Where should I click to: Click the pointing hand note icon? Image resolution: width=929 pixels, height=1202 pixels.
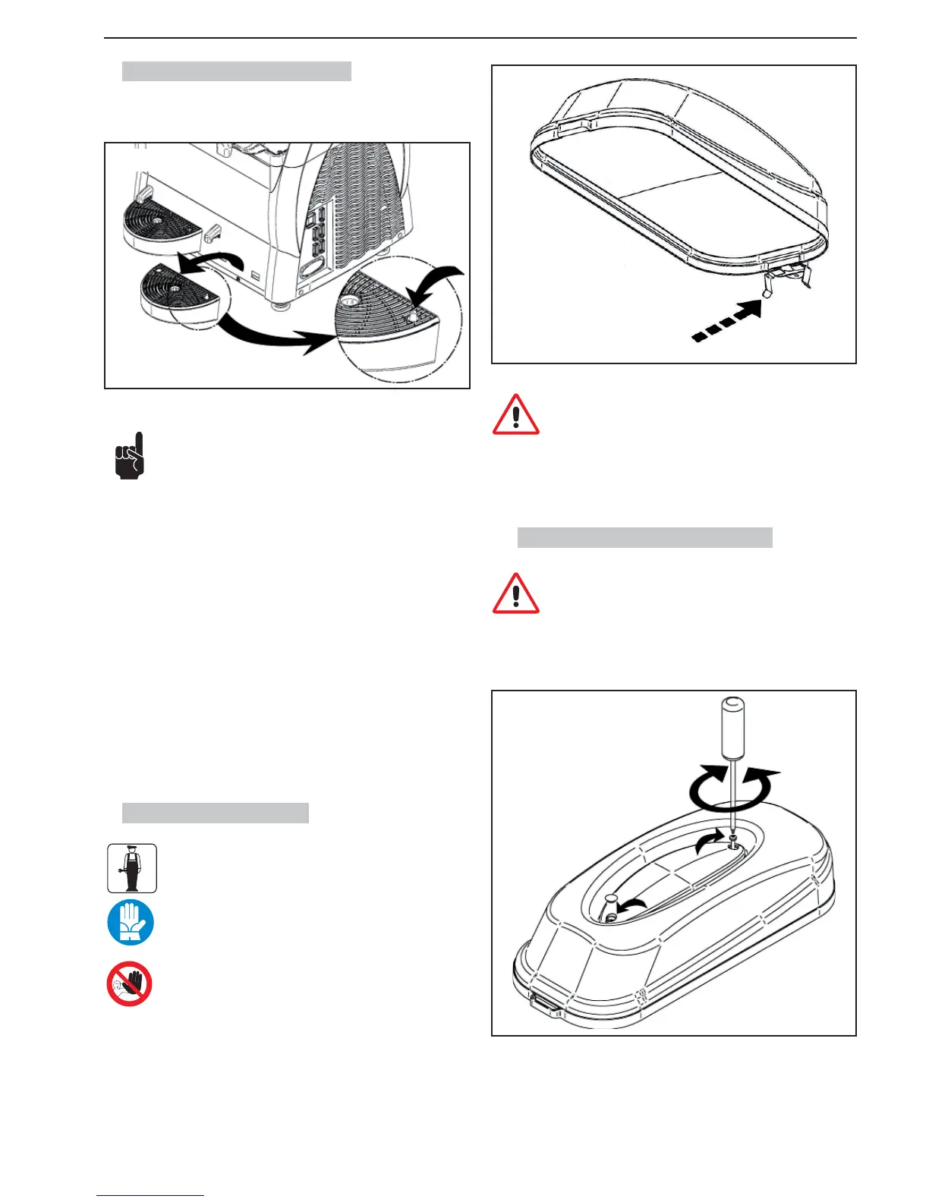pos(129,456)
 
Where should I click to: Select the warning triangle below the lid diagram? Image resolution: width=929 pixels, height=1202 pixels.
pos(515,414)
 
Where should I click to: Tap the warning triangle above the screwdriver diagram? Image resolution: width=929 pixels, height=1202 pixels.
pos(515,593)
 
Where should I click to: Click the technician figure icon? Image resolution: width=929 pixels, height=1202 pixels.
pos(131,868)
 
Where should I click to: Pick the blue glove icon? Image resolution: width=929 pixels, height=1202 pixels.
pos(131,923)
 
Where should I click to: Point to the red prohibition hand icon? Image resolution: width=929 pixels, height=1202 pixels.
pos(129,984)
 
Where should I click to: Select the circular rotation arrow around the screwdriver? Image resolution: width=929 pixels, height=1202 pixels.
pos(732,791)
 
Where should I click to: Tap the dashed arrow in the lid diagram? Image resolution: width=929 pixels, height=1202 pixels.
pos(727,323)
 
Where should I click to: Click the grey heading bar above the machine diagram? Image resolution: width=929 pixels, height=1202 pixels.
pos(236,71)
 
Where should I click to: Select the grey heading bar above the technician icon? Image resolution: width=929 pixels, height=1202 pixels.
pos(215,813)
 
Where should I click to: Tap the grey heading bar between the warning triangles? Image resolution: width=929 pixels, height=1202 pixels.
pos(644,537)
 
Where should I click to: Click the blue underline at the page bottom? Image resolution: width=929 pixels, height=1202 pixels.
pos(150,1195)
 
